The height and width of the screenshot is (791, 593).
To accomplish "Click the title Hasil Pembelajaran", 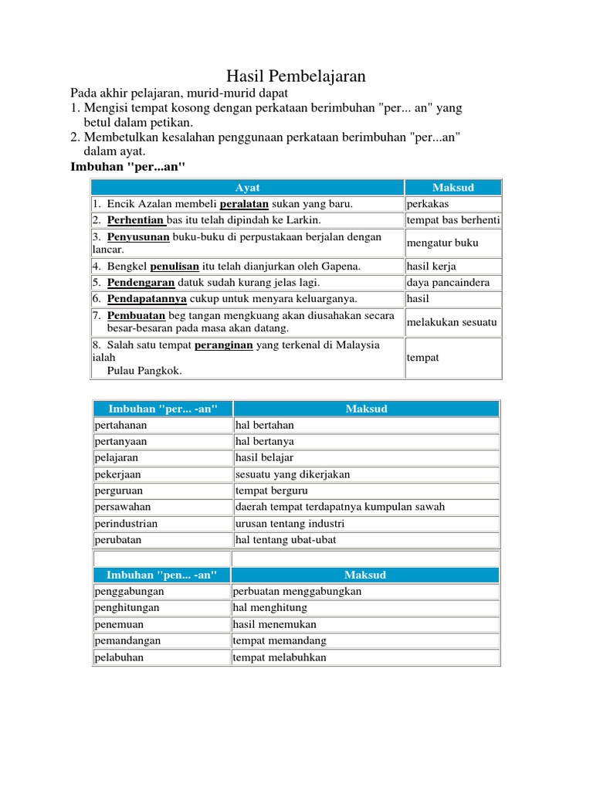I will [296, 76].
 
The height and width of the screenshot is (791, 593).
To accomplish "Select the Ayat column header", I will [247, 188].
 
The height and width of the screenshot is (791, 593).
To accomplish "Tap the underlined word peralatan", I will [244, 204].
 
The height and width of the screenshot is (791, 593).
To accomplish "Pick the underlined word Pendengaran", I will [141, 283].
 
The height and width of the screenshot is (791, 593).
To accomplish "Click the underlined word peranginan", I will [223, 345].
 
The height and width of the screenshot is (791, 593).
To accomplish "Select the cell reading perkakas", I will [427, 204].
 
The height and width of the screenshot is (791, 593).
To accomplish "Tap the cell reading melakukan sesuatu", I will [452, 322].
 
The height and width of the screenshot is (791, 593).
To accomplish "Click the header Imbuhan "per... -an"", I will [162, 409].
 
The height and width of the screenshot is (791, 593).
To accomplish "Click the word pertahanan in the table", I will [120, 425].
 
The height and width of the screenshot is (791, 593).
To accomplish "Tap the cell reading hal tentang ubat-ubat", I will [285, 540].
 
